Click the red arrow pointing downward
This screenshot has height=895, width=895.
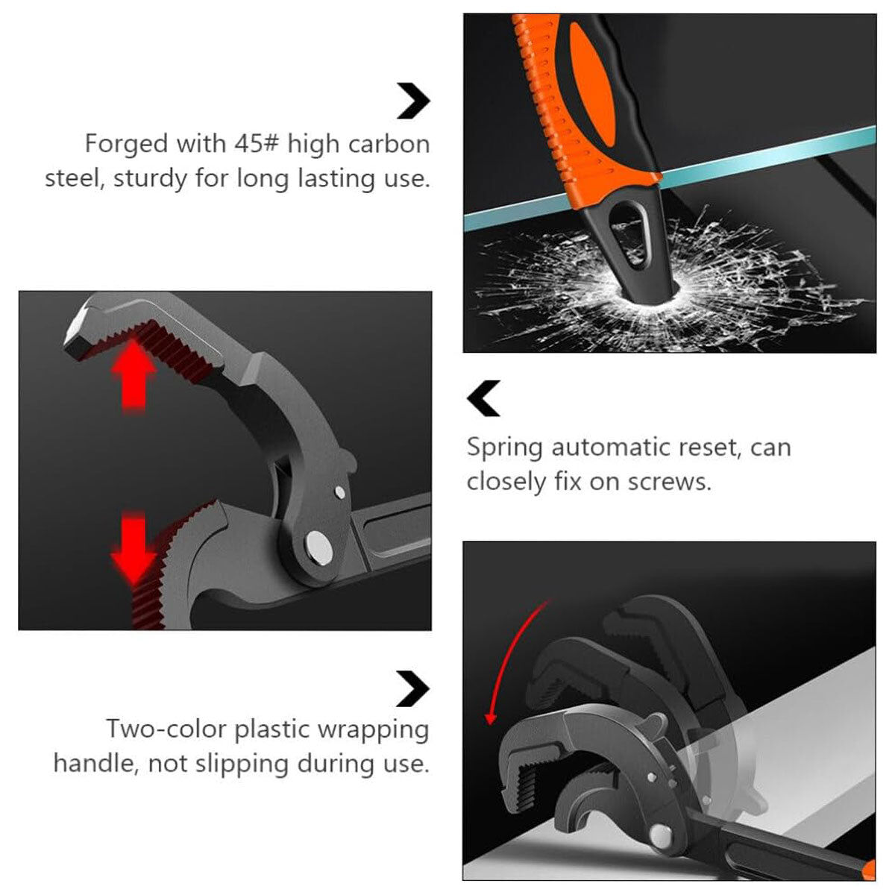[x=134, y=548]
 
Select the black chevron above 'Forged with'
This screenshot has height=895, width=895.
[x=413, y=101]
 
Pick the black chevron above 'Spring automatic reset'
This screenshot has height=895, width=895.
[x=483, y=398]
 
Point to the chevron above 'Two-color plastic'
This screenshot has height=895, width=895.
[x=413, y=688]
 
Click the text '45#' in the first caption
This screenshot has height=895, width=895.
[x=256, y=143]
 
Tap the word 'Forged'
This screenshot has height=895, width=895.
[x=126, y=145]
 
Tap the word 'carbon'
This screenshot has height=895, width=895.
[x=389, y=144]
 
